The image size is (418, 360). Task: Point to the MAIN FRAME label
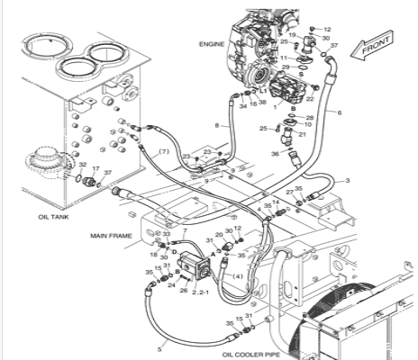[x=111, y=236]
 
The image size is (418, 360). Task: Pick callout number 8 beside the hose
[x=216, y=124]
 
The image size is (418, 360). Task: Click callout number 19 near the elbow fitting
[x=292, y=35]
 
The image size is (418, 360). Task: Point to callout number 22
[x=310, y=99]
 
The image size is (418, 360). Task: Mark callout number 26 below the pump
[x=183, y=290]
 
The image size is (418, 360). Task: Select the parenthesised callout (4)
[x=238, y=275]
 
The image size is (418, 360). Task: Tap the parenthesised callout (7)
[x=164, y=151]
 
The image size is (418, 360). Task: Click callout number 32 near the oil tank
[x=82, y=165]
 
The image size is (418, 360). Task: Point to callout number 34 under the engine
[x=243, y=104]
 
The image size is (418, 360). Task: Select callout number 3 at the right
[x=348, y=180]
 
